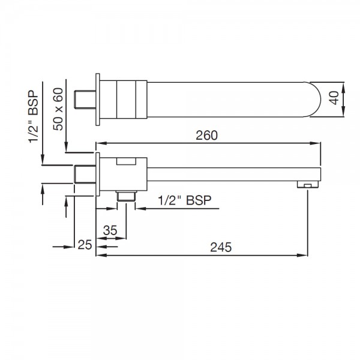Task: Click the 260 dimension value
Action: (206, 136)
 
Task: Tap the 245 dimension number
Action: (221, 247)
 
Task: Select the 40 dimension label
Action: (334, 98)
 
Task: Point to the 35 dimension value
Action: (110, 230)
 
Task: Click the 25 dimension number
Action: (85, 245)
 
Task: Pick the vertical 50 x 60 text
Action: (58, 109)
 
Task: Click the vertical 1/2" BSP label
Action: (34, 116)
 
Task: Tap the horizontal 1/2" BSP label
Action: (185, 200)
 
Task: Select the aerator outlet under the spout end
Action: (308, 184)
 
